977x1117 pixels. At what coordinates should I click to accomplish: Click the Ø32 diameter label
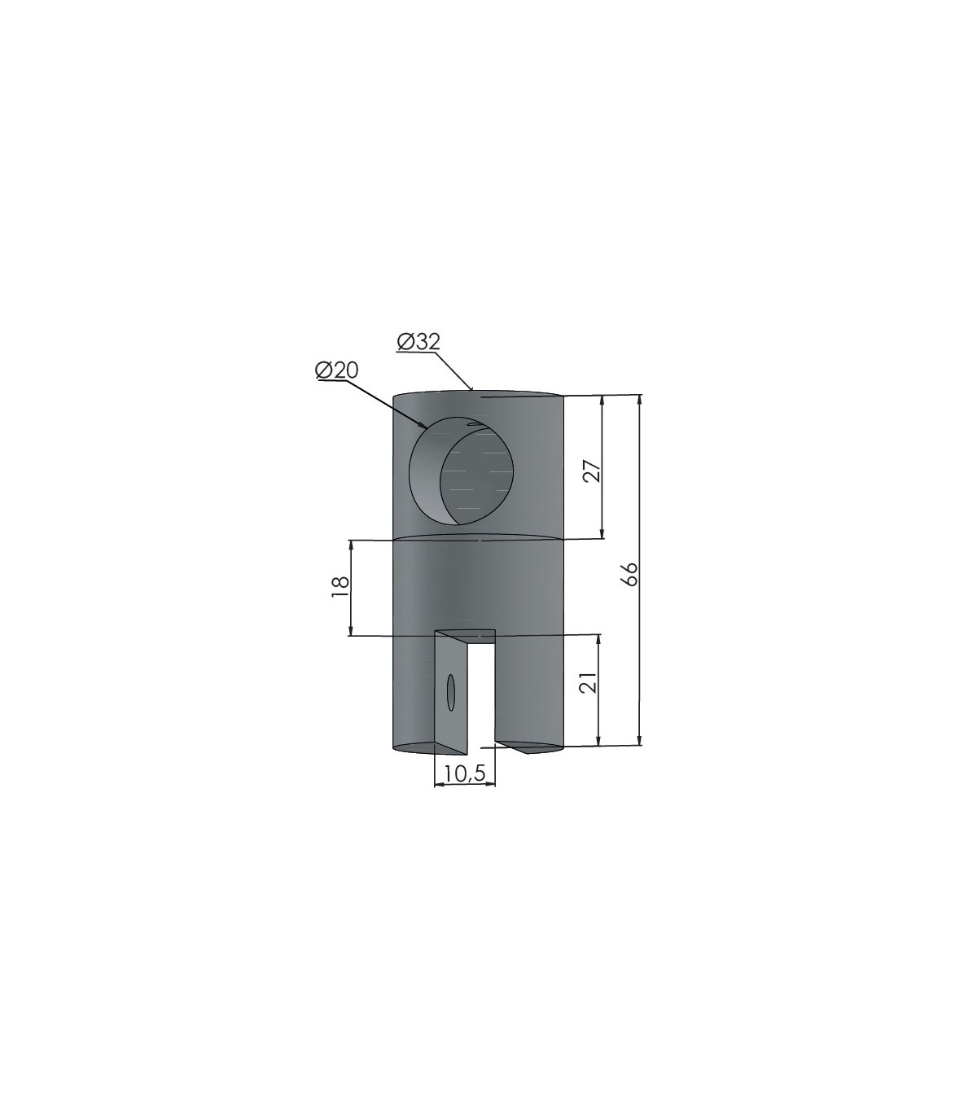(418, 342)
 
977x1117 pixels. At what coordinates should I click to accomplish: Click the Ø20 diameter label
(337, 370)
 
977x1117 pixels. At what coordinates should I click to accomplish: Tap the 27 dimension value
(592, 471)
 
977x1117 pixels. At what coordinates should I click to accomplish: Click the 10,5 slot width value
(465, 773)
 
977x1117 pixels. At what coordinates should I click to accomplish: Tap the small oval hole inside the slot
(450, 692)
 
